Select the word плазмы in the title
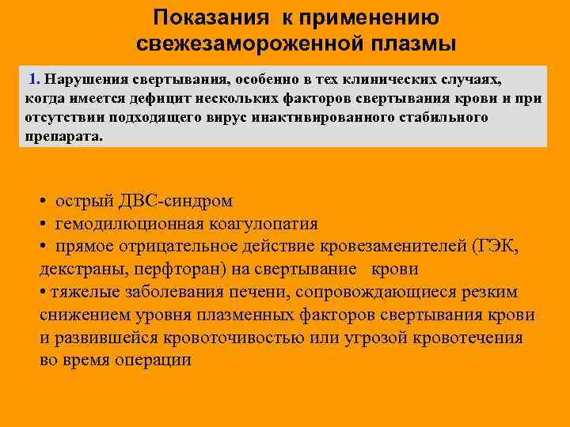click(418, 43)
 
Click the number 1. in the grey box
click(34, 80)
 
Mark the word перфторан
click(163, 269)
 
